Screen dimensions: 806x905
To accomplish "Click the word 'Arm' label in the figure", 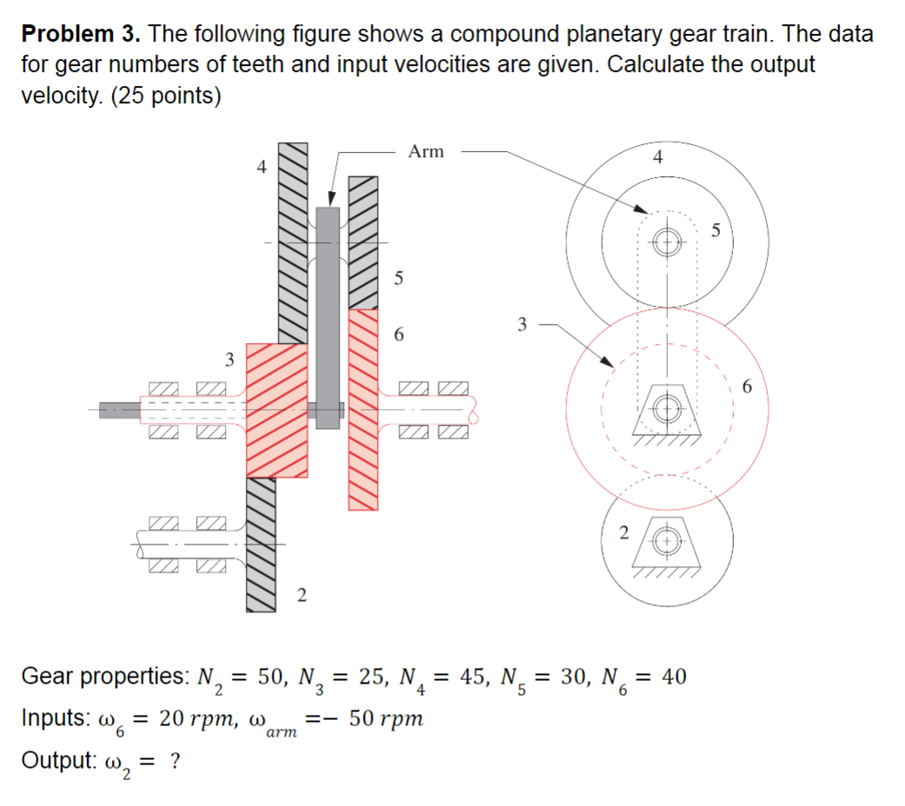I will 426,152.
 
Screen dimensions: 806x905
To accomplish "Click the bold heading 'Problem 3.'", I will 80,35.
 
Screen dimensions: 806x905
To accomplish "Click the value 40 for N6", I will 673,676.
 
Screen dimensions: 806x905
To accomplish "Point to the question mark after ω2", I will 175,761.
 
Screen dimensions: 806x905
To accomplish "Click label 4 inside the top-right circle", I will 657,158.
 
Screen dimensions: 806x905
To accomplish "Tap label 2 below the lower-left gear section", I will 301,596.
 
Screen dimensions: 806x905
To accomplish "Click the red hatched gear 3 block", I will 277,410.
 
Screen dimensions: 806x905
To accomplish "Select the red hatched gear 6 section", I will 364,408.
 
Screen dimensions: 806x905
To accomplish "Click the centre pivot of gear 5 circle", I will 667,241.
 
